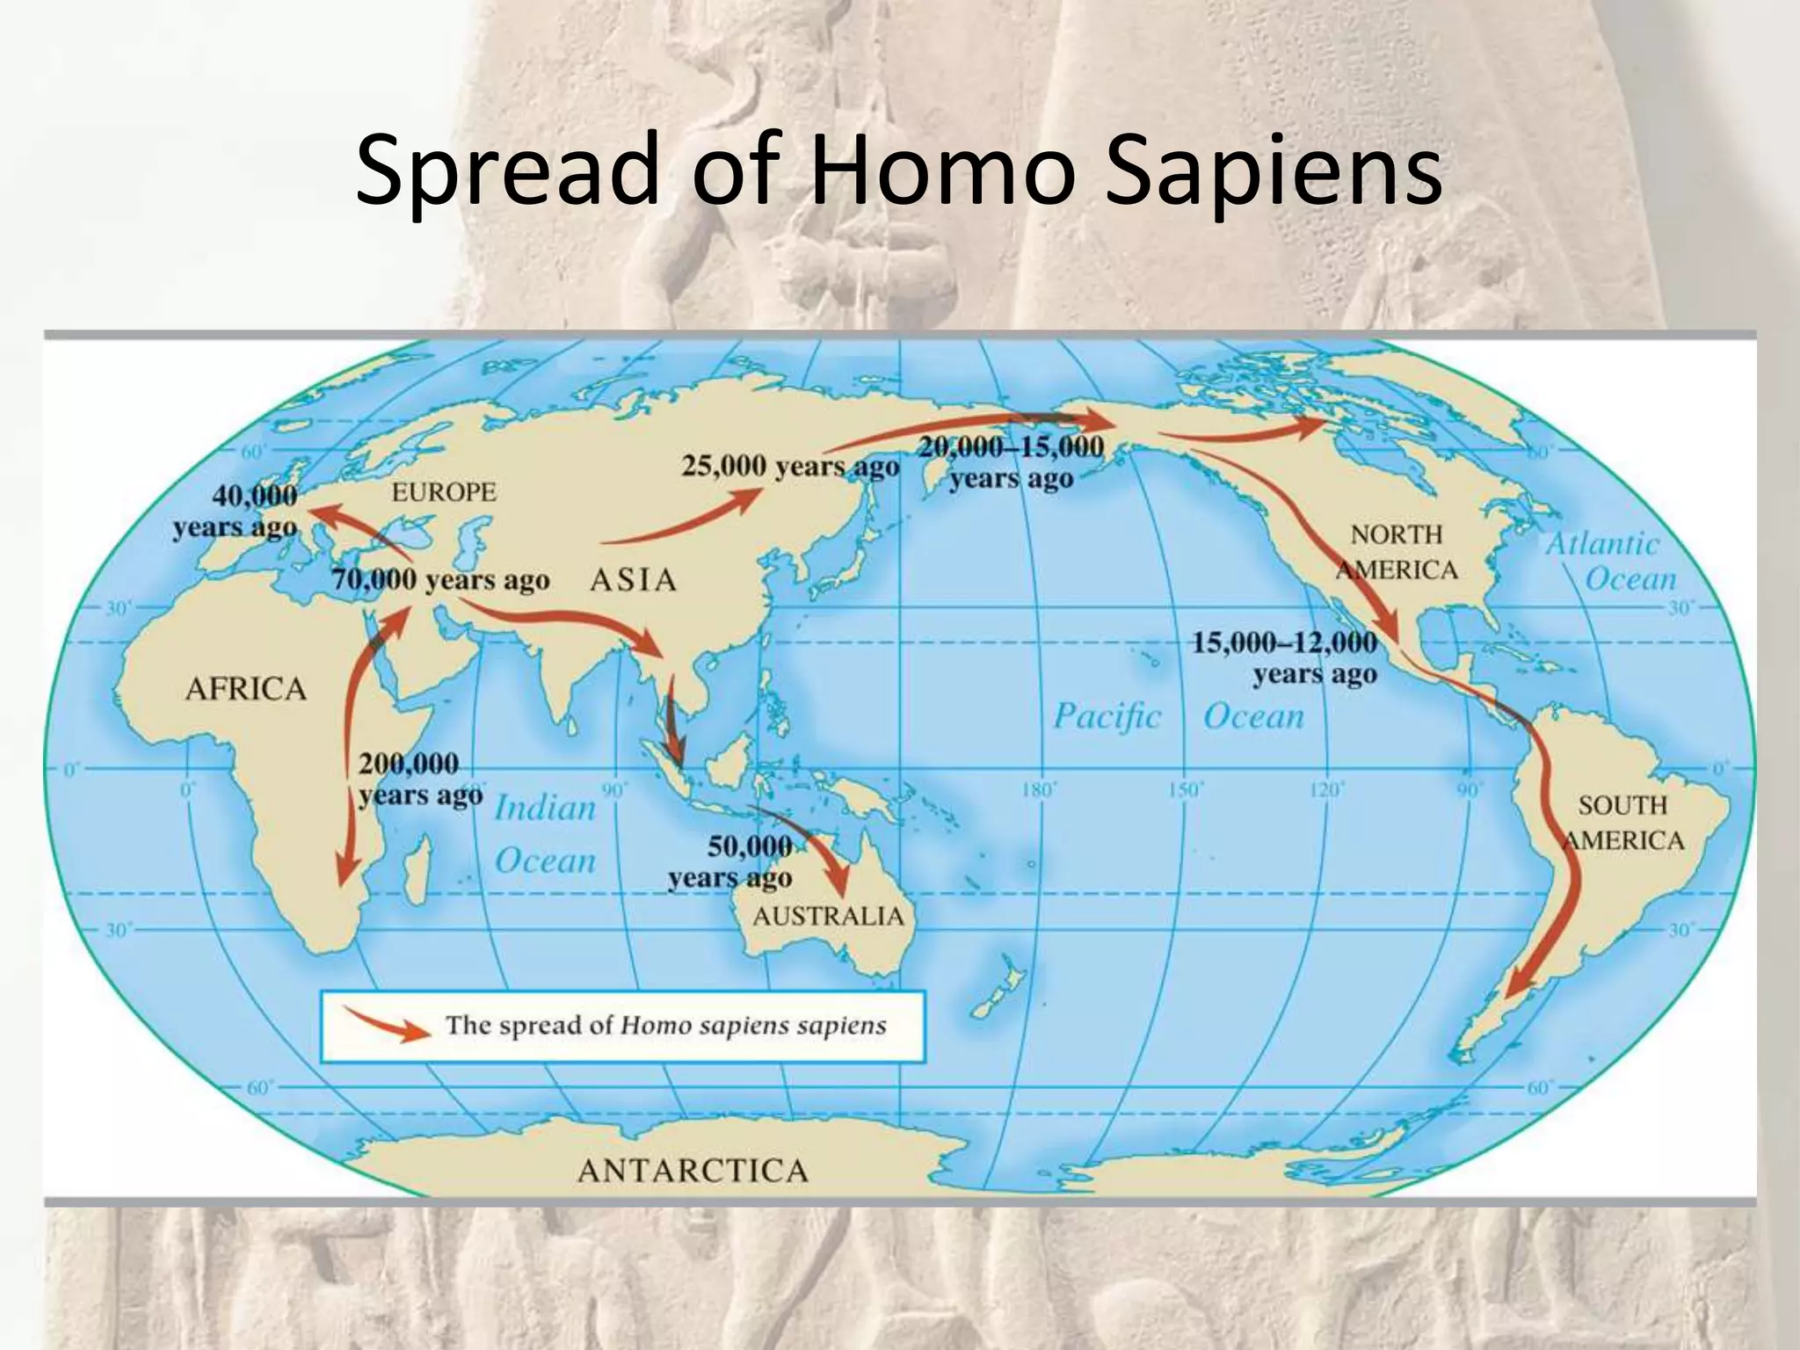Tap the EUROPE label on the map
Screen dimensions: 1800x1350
click(x=444, y=491)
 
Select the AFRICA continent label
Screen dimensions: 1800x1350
click(x=246, y=688)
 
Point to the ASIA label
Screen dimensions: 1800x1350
click(x=633, y=580)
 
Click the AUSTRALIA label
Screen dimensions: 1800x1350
click(x=828, y=917)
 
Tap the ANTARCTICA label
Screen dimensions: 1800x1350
click(x=693, y=1171)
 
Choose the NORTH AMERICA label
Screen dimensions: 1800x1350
click(x=1397, y=552)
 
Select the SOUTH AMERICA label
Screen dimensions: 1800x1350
click(x=1622, y=823)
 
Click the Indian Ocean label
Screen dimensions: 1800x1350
click(x=545, y=833)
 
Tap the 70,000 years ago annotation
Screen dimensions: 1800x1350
click(x=440, y=581)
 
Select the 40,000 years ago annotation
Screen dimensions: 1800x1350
click(x=236, y=512)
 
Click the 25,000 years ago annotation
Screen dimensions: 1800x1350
click(x=790, y=467)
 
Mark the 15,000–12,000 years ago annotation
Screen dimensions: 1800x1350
click(x=1285, y=658)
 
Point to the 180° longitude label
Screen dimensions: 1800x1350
click(x=1038, y=790)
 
